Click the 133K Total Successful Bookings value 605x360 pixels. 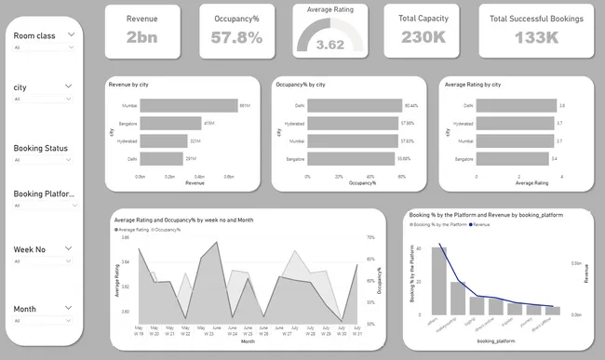pyautogui.click(x=536, y=37)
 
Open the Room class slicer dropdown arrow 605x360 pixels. pyautogui.click(x=69, y=34)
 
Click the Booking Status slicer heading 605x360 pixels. pyautogui.click(x=40, y=148)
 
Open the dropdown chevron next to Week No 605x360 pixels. pyautogui.click(x=69, y=248)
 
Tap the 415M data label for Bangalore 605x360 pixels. pyautogui.click(x=209, y=123)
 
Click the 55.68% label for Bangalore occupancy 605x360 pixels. pyautogui.click(x=404, y=158)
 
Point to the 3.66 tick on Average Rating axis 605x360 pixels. pyautogui.click(x=126, y=238)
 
